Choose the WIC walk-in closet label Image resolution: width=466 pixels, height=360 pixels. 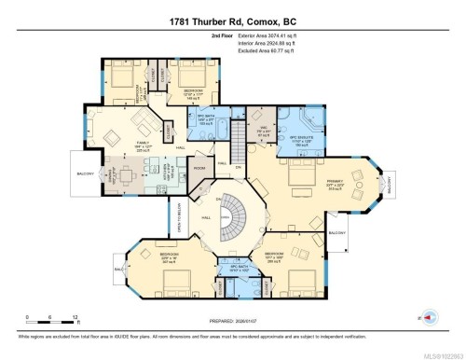(264, 130)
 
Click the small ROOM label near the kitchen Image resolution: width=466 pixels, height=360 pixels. (199, 167)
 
